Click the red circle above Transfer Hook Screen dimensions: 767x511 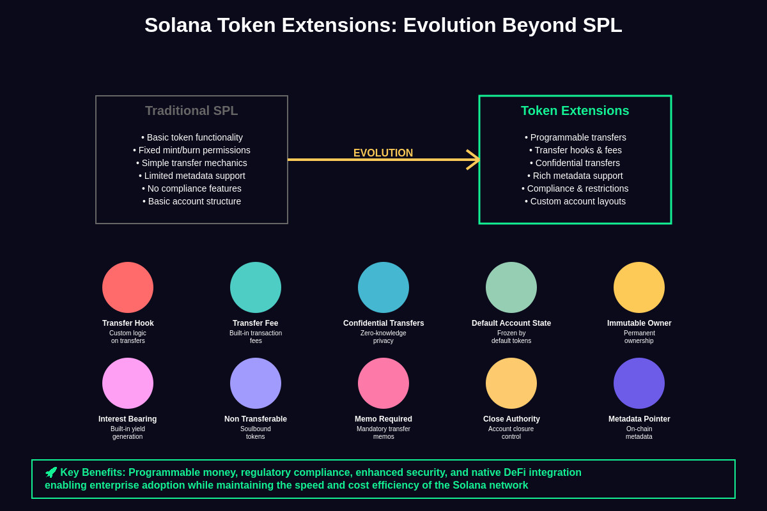[x=128, y=287]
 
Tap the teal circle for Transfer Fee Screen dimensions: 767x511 [x=256, y=287]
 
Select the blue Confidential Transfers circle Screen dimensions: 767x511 [x=383, y=287]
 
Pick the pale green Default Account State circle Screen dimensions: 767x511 [x=511, y=287]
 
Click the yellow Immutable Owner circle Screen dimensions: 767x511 [x=639, y=287]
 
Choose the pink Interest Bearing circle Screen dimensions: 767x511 [x=128, y=383]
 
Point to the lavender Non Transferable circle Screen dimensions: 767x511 [x=256, y=383]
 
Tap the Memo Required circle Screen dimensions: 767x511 [x=383, y=383]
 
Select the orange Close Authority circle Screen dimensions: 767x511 [x=511, y=383]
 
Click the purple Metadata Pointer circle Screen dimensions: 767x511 [x=639, y=383]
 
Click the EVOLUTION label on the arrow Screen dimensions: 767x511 [x=383, y=153]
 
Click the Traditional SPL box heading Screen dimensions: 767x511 [x=191, y=111]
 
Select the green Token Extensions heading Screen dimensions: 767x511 [x=575, y=111]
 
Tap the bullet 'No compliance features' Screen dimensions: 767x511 [x=192, y=188]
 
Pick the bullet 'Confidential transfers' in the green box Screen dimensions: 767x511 [x=575, y=163]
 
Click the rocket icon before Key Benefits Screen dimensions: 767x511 [x=51, y=473]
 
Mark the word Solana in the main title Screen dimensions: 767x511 [x=178, y=26]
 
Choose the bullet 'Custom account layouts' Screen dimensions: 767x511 [x=575, y=201]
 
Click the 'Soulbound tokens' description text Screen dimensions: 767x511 [x=256, y=433]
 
